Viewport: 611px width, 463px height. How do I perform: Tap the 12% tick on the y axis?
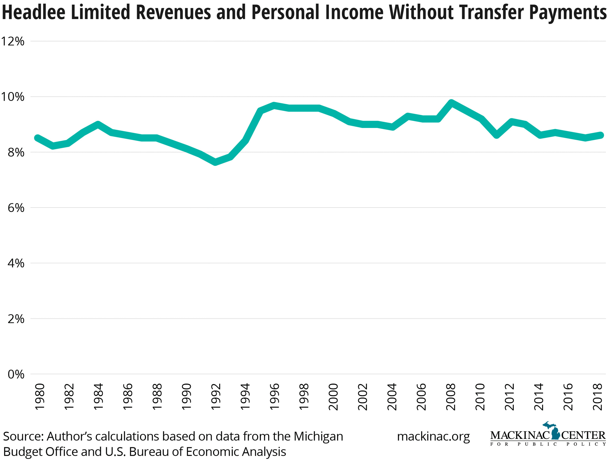point(13,41)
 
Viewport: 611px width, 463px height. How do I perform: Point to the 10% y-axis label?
point(13,97)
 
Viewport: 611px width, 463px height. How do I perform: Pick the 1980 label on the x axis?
point(39,397)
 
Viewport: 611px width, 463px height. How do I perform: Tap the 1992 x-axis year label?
point(216,397)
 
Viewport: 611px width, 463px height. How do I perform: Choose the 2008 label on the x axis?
point(451,397)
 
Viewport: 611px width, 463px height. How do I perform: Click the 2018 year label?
point(598,397)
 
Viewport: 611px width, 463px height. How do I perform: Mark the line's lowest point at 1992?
point(215,162)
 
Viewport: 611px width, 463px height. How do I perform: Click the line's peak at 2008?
point(451,103)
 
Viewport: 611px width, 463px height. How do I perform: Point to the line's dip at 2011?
point(496,135)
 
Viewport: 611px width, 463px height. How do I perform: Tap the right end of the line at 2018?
point(600,135)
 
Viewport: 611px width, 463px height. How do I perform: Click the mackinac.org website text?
point(433,437)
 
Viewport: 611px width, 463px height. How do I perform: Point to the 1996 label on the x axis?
point(274,397)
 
